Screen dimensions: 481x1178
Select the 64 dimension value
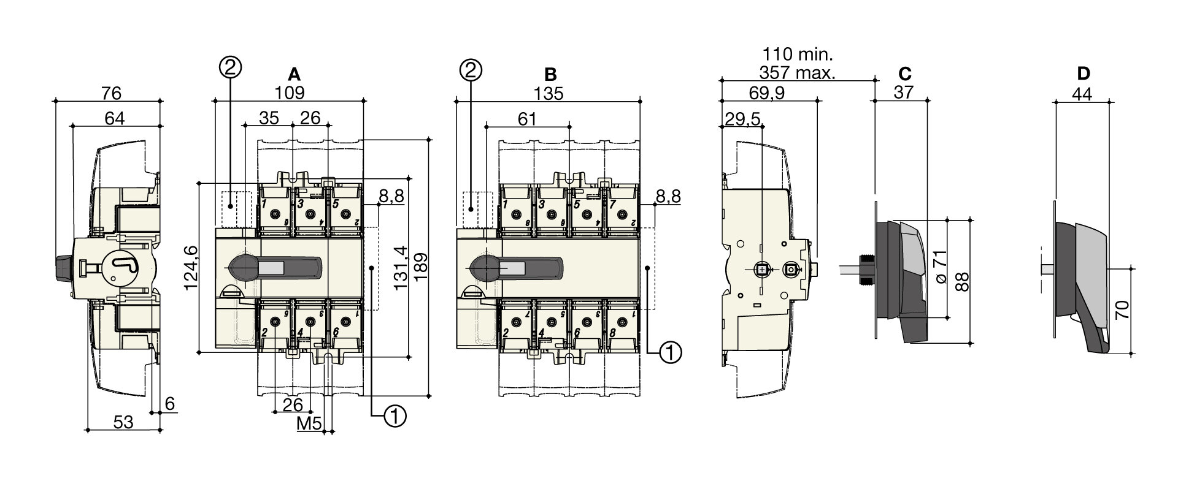click(x=115, y=118)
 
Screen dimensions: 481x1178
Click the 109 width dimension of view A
click(x=289, y=93)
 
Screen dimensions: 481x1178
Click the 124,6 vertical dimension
click(x=191, y=268)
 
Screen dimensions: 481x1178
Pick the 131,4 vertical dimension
click(x=401, y=268)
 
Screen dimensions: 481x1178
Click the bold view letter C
click(x=904, y=74)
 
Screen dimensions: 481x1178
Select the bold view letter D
click(x=1084, y=74)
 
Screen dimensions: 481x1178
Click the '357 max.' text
click(x=797, y=74)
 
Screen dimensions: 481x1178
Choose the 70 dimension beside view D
click(x=1122, y=309)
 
